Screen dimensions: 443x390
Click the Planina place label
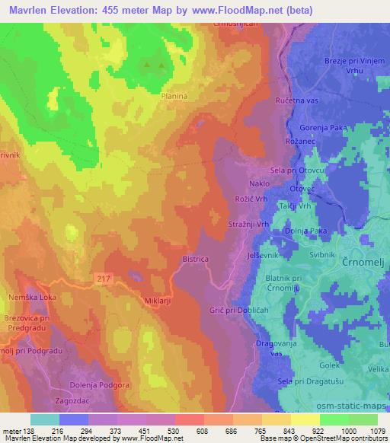[174, 97]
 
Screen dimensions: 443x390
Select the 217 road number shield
[105, 279]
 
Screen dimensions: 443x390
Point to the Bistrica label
[195, 259]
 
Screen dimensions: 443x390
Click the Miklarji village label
[158, 301]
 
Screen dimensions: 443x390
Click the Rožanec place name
[289, 142]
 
